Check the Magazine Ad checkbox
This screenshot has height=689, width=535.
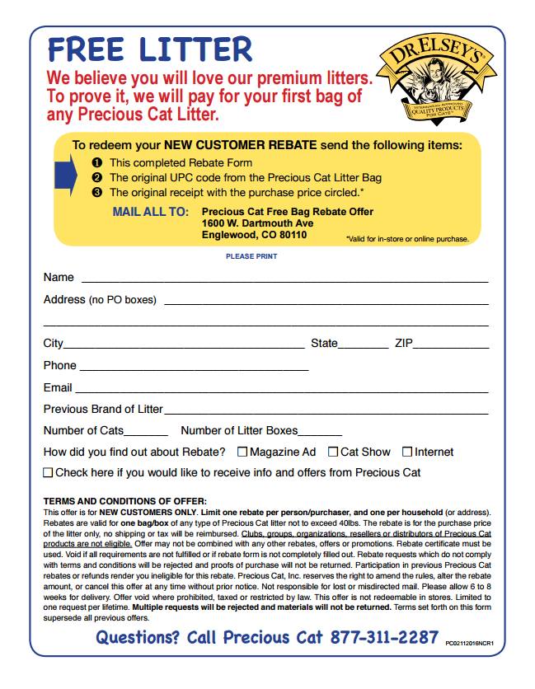click(x=242, y=452)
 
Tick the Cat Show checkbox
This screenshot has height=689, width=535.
click(x=333, y=452)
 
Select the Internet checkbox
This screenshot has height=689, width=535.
click(x=407, y=452)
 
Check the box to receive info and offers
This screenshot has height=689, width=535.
click(x=48, y=473)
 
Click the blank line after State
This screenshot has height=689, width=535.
click(x=363, y=344)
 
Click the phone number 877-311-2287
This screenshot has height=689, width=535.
click(x=384, y=637)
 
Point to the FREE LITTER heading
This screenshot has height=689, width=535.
click(x=150, y=49)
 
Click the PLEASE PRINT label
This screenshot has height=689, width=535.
click(x=251, y=256)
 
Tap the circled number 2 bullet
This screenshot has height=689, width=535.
click(x=96, y=177)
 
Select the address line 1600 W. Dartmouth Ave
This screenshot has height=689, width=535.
click(x=257, y=223)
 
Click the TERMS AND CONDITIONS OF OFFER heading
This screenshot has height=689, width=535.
click(x=125, y=501)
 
